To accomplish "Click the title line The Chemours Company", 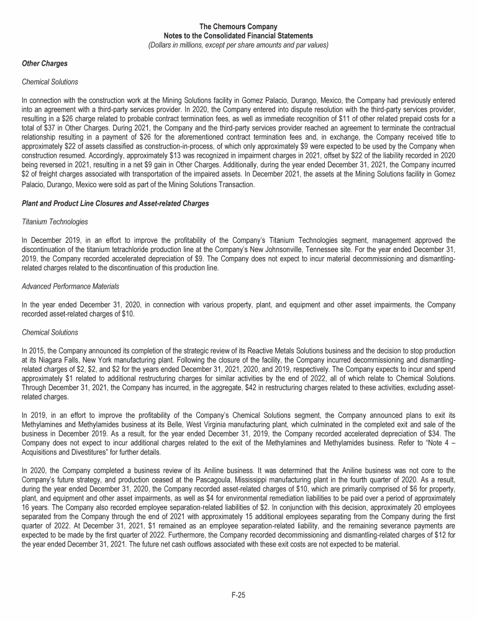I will coord(238,26).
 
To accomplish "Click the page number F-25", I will coord(238,594).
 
